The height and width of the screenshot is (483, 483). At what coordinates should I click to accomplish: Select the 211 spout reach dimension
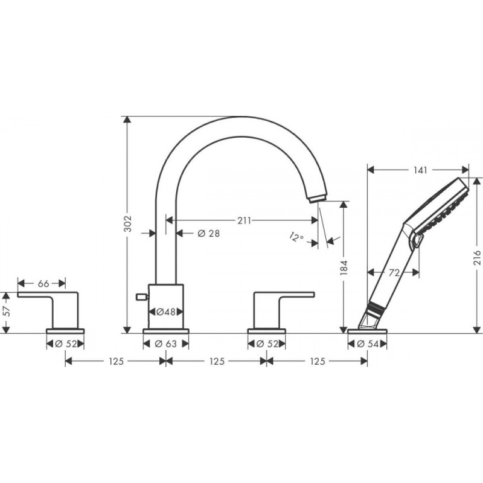[243, 220]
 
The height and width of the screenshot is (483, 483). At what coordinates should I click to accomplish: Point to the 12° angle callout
[296, 237]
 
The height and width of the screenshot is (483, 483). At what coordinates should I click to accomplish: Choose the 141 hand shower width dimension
[417, 170]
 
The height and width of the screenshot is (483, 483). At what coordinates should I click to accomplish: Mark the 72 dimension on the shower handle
[394, 273]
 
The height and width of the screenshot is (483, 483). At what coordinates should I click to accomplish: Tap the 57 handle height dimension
[7, 312]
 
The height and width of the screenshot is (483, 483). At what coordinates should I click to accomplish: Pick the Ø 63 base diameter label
[166, 344]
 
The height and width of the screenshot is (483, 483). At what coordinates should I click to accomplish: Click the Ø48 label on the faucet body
[166, 312]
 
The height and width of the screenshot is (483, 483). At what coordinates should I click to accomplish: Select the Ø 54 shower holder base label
[368, 344]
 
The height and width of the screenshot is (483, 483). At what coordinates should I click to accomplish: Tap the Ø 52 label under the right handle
[267, 344]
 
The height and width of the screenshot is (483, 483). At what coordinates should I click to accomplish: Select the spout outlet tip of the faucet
[318, 198]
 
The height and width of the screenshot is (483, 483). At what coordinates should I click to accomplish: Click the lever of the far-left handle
[48, 294]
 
